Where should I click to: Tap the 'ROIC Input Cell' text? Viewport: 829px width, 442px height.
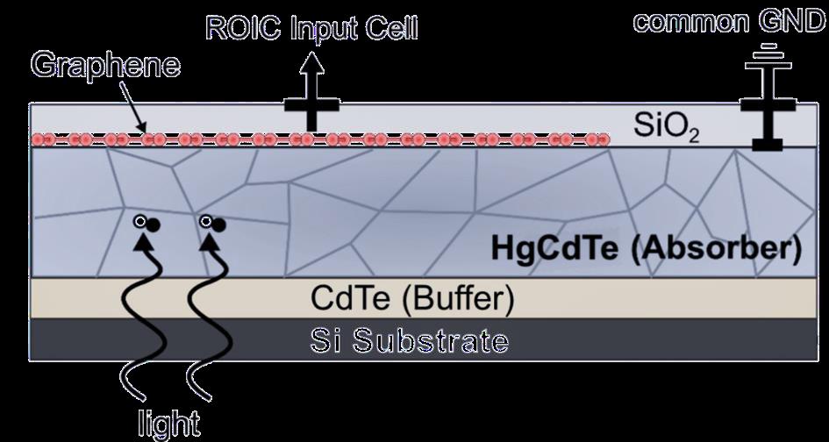[x=311, y=28]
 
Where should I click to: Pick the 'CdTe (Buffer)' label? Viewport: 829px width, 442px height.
[x=411, y=298]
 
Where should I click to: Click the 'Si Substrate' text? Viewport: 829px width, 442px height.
[x=410, y=339]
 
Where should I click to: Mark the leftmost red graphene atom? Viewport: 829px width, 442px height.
[x=39, y=139]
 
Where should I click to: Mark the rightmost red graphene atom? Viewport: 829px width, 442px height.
[x=604, y=139]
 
